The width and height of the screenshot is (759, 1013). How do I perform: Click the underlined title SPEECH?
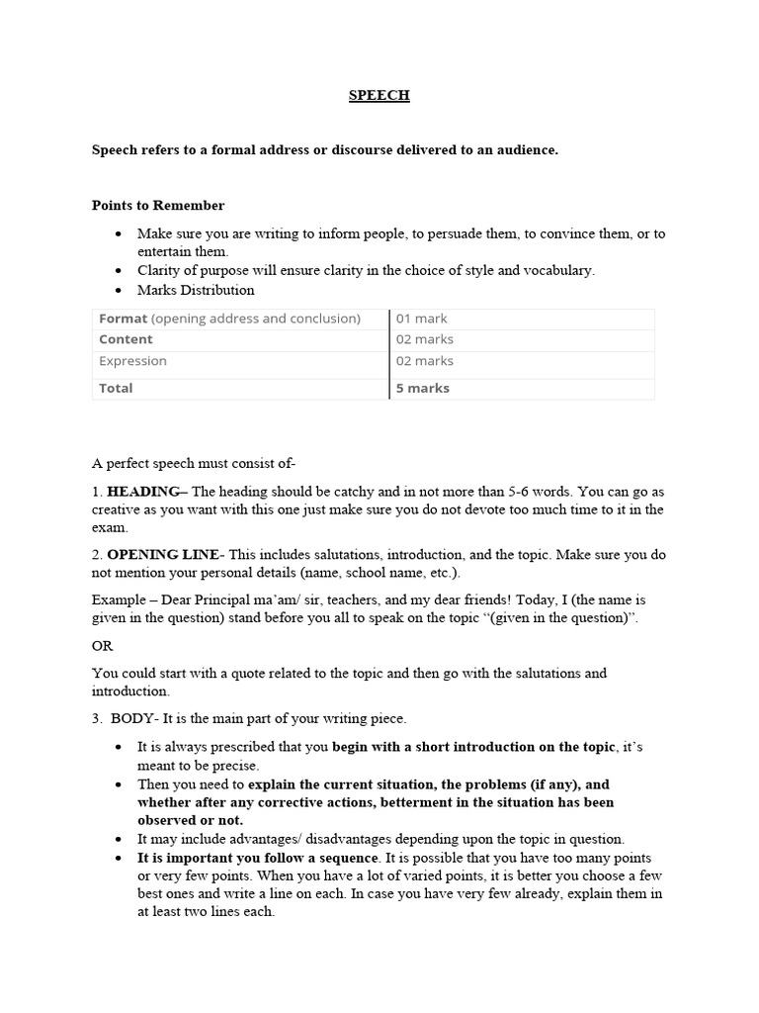click(379, 96)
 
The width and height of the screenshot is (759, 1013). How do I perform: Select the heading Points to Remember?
click(158, 206)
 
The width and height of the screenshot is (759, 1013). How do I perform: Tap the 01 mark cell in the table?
click(422, 319)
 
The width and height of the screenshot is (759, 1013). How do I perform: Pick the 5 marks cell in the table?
click(423, 388)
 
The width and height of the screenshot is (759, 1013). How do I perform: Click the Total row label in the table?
click(116, 388)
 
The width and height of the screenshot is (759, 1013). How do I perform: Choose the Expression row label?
click(132, 361)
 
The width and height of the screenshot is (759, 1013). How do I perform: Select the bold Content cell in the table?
click(126, 339)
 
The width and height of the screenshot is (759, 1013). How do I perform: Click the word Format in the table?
click(123, 319)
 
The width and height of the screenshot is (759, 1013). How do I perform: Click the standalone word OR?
click(103, 646)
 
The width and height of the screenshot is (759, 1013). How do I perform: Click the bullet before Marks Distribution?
click(119, 291)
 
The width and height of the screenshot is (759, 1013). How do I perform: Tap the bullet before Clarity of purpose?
click(119, 270)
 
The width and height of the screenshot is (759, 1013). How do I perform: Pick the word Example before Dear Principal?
click(118, 600)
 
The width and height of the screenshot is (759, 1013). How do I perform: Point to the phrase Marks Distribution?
click(196, 291)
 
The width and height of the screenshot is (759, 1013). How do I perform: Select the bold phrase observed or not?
click(190, 820)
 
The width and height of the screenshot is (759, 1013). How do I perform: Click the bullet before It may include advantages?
click(119, 839)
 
